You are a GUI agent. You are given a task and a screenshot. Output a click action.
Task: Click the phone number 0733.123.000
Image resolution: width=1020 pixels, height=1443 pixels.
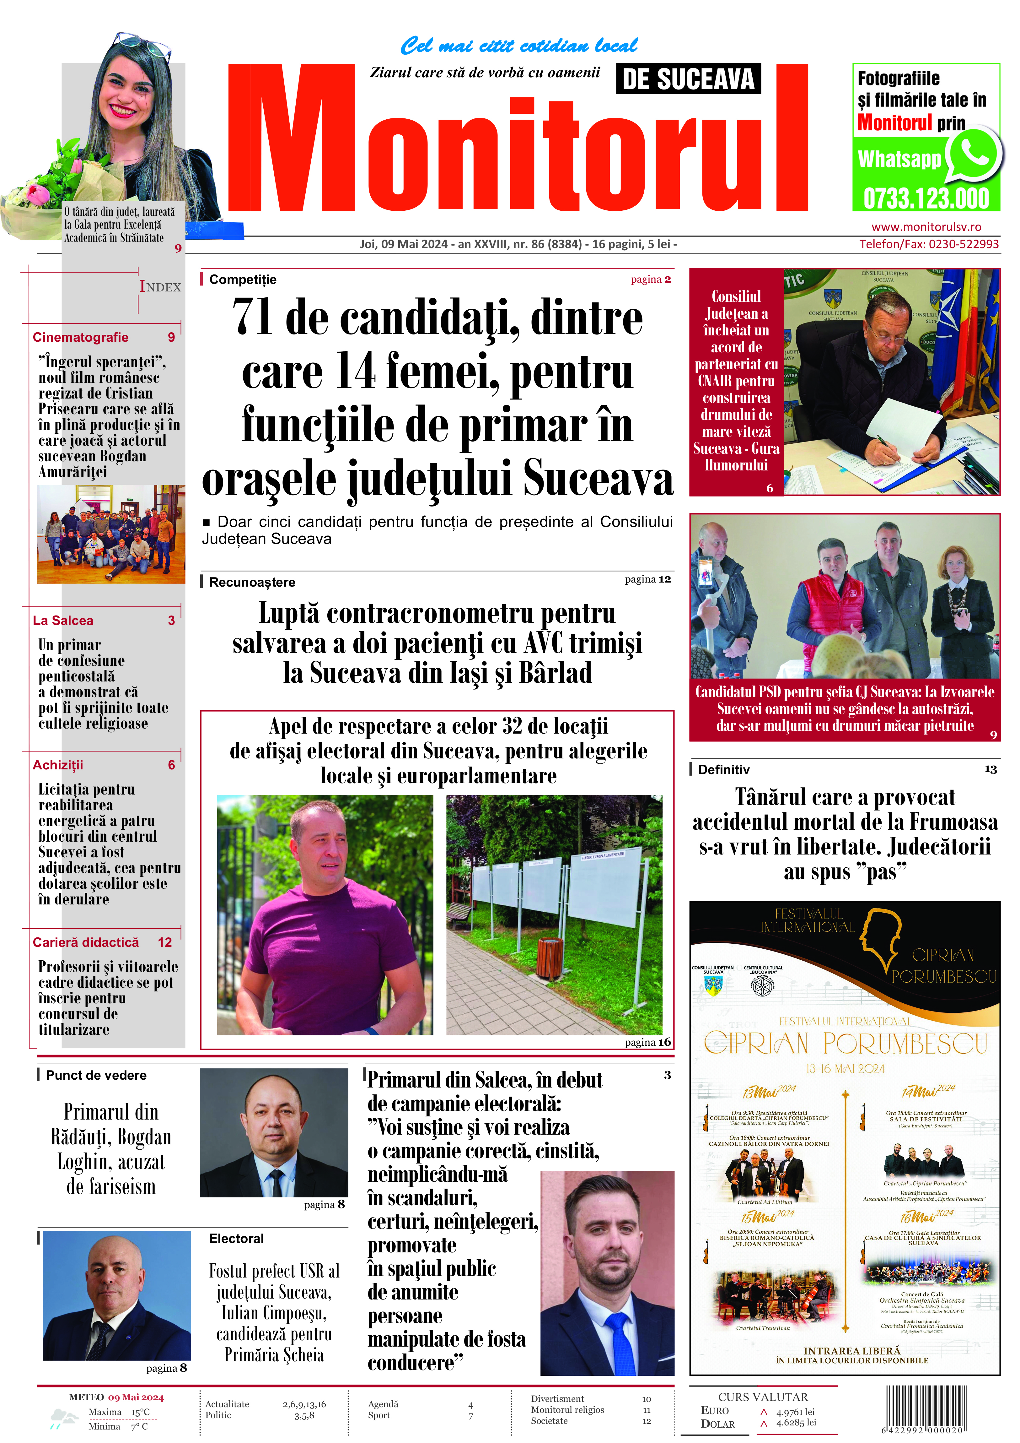[x=926, y=198]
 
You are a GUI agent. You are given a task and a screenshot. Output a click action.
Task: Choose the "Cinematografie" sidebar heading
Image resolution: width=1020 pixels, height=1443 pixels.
[x=80, y=338]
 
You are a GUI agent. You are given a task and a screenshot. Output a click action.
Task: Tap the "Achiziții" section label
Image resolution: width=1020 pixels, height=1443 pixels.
[x=58, y=765]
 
